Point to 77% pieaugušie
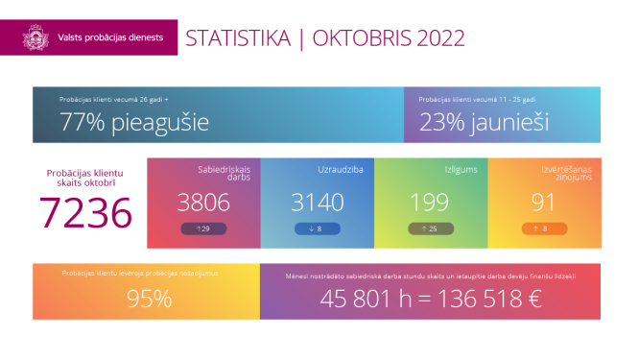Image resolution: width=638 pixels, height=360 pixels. pos(133,123)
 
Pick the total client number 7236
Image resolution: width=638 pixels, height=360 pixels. pos(85,212)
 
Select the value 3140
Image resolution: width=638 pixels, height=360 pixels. pos(317,202)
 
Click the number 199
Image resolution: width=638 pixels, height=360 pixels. pos(429,202)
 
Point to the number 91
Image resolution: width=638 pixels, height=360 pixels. pos(543,202)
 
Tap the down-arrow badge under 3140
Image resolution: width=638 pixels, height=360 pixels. pos(317,228)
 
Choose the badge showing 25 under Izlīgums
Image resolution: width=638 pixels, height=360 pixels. pos(430,228)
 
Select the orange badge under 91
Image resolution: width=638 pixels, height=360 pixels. pos(543,228)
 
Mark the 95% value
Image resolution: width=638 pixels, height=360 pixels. pos(149,299)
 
